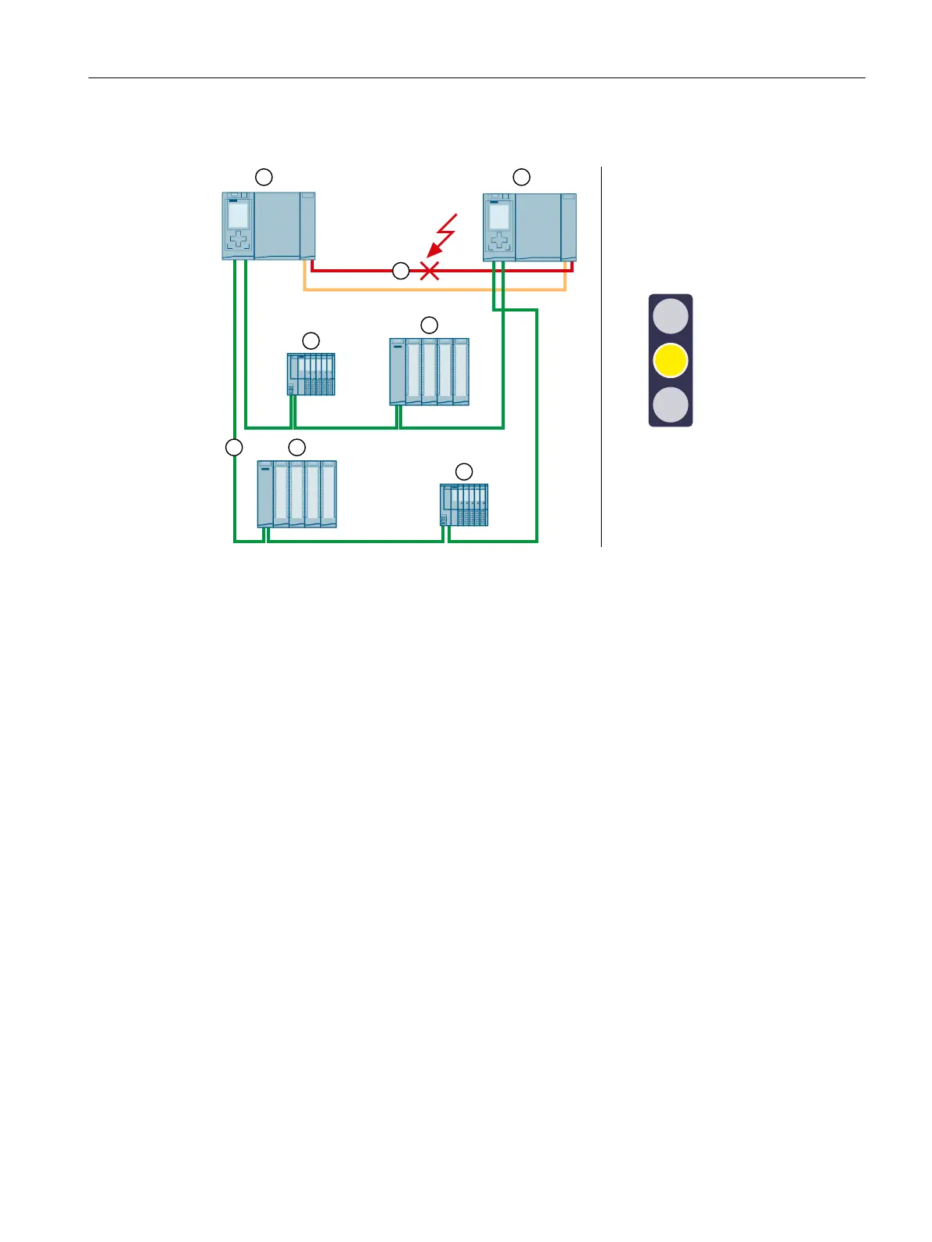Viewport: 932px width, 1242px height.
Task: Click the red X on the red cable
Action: point(429,271)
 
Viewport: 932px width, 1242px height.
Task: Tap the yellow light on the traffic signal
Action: point(671,360)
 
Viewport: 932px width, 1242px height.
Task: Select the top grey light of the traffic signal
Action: point(671,316)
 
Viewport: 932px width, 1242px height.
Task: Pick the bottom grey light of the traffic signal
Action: point(671,405)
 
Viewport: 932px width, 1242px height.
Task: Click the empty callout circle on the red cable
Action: point(401,272)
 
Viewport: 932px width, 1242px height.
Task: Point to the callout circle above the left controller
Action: point(264,176)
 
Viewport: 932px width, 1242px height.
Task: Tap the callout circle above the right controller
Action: point(521,176)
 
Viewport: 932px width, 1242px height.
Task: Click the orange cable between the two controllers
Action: point(434,290)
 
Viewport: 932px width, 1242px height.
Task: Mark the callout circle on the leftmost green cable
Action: point(234,448)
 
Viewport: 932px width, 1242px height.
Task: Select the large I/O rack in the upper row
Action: point(430,371)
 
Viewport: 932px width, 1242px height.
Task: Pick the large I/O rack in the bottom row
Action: point(297,494)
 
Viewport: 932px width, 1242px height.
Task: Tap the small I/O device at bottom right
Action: point(464,504)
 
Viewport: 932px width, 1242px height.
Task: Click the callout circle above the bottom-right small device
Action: point(464,471)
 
